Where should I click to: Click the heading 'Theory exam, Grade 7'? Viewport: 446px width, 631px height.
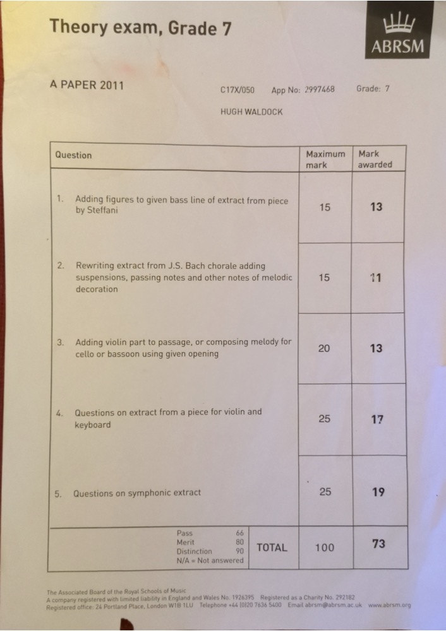[x=140, y=27]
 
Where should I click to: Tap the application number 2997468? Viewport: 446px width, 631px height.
[x=319, y=90]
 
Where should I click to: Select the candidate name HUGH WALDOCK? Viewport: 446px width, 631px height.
[x=251, y=112]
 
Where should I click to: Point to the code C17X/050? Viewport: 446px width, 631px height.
[x=238, y=90]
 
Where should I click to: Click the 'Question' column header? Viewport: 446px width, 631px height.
[x=73, y=155]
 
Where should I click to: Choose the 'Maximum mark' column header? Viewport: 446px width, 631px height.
[x=325, y=159]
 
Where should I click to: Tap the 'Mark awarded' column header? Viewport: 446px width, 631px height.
[x=375, y=159]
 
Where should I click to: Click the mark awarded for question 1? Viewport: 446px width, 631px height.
[x=377, y=206]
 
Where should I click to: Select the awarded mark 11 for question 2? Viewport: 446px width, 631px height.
[x=377, y=277]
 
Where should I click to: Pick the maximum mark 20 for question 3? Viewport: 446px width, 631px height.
[x=324, y=348]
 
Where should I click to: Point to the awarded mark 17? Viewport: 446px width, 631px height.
[x=377, y=419]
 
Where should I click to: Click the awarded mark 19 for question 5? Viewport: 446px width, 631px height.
[x=378, y=492]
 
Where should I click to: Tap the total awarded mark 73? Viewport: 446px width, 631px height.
[x=378, y=543]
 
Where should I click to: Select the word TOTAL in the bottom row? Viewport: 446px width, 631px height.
[x=272, y=548]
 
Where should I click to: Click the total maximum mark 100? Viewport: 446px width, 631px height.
[x=325, y=548]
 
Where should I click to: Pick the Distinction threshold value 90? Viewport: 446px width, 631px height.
[x=239, y=551]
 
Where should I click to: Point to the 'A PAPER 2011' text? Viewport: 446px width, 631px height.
[x=87, y=85]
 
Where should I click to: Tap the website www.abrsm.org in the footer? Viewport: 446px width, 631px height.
[x=389, y=605]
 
